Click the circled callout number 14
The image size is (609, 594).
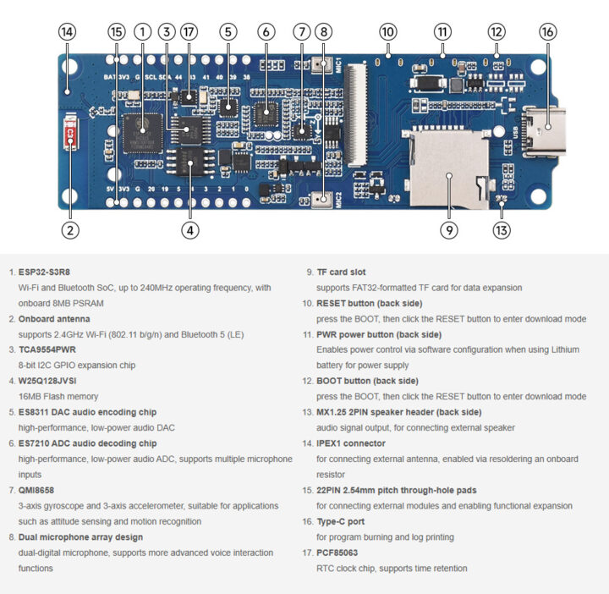67,32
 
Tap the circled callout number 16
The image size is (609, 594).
548,32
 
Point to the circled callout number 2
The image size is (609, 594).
71,228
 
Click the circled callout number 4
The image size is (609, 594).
189,228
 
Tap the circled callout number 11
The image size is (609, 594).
442,32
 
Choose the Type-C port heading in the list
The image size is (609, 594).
341,521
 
